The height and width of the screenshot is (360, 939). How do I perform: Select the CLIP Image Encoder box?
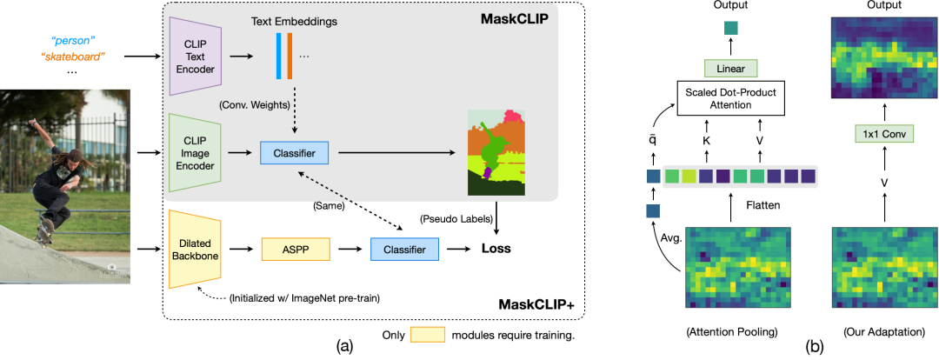coord(196,154)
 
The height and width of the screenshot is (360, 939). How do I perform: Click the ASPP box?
coord(296,250)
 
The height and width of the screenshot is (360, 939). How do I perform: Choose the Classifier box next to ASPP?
coord(405,250)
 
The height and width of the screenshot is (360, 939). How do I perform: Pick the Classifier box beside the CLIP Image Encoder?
coord(295,154)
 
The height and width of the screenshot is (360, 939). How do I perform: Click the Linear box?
coord(731,68)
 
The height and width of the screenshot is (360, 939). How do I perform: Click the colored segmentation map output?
coord(497,153)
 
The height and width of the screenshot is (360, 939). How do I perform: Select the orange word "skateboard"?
coord(74,57)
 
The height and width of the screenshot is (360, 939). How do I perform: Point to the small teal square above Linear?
coord(731,29)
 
